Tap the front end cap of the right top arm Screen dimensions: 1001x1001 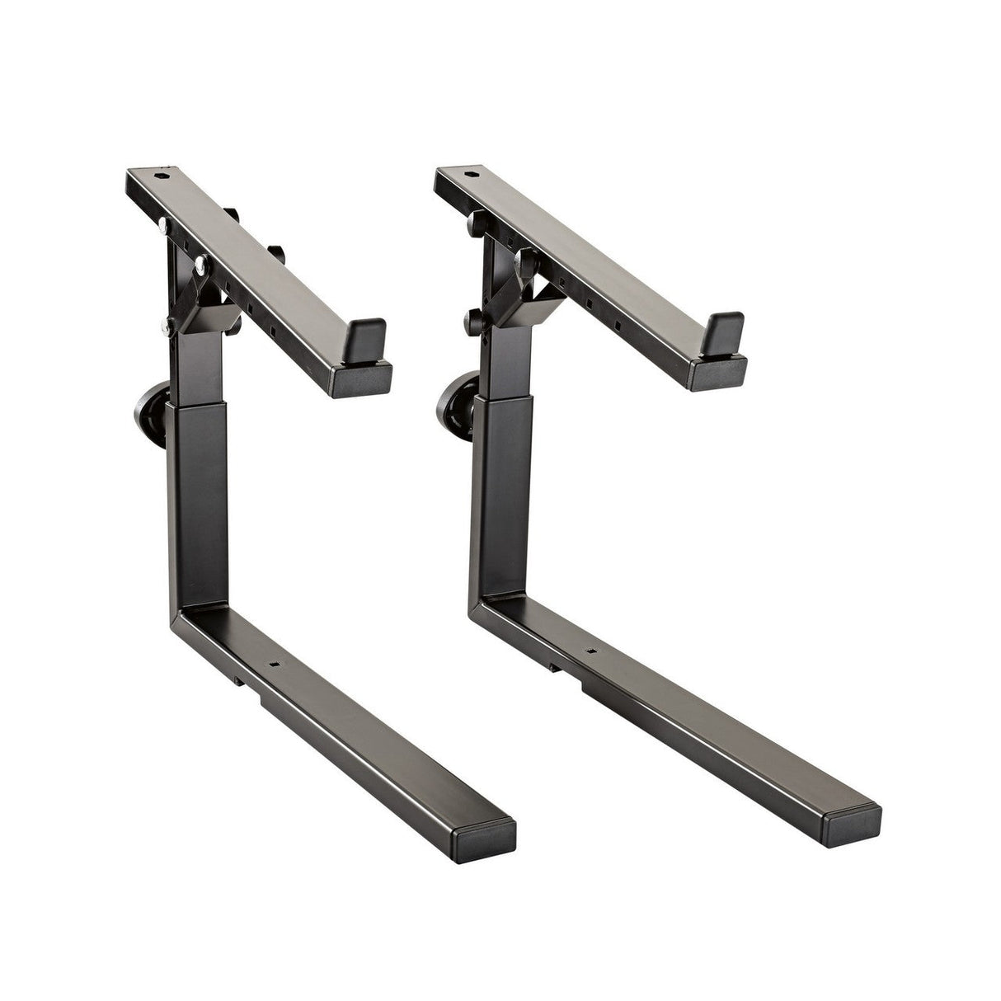coord(718,374)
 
